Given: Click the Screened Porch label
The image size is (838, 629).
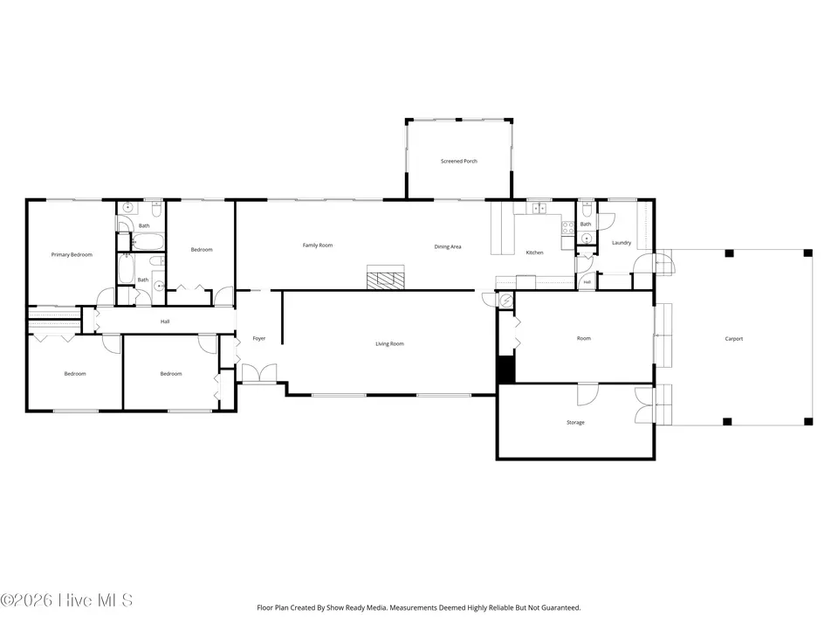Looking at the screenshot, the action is [x=458, y=161].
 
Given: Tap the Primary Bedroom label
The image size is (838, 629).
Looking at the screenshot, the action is [x=72, y=254].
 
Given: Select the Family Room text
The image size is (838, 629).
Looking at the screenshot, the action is [x=318, y=245].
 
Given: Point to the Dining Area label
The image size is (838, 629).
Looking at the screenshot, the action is [x=447, y=247].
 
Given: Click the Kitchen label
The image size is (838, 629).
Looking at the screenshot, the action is [x=534, y=252].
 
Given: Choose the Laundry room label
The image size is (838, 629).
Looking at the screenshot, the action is [x=621, y=243].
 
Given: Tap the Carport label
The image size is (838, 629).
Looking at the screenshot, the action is [x=734, y=339].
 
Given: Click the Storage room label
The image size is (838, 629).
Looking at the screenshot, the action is [x=575, y=423].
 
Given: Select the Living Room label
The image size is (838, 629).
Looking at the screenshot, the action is [x=389, y=344].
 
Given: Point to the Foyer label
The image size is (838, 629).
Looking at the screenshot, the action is [x=258, y=339].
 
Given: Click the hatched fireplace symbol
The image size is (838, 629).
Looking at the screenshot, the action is [x=385, y=278].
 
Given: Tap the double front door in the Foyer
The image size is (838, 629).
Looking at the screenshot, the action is [x=259, y=373].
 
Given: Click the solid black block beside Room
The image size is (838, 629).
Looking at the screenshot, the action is [x=505, y=370].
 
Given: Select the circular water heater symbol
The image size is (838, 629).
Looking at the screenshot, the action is [x=506, y=301].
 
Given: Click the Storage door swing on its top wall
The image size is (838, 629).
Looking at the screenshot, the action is [x=587, y=395].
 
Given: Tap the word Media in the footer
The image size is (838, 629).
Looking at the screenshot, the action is [x=375, y=608].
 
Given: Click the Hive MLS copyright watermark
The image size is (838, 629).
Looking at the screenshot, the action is [x=66, y=600].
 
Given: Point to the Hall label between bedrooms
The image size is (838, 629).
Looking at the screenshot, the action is [x=165, y=321].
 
